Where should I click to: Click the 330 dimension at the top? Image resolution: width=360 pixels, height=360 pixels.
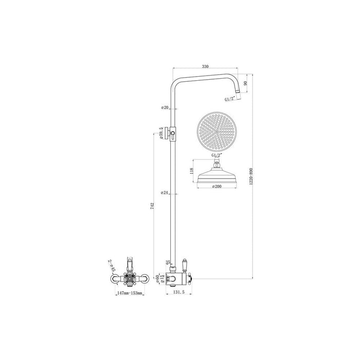(206, 66)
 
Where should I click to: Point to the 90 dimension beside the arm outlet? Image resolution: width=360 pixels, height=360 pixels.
(246, 83)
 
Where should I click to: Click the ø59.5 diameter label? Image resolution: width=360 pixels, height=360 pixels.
(161, 133)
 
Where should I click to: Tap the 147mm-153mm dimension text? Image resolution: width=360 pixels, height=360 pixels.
(129, 293)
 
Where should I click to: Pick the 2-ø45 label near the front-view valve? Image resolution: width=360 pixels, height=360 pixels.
(112, 265)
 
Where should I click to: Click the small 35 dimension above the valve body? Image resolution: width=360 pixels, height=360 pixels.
(168, 263)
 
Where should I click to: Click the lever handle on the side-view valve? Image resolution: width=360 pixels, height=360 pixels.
(185, 266)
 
